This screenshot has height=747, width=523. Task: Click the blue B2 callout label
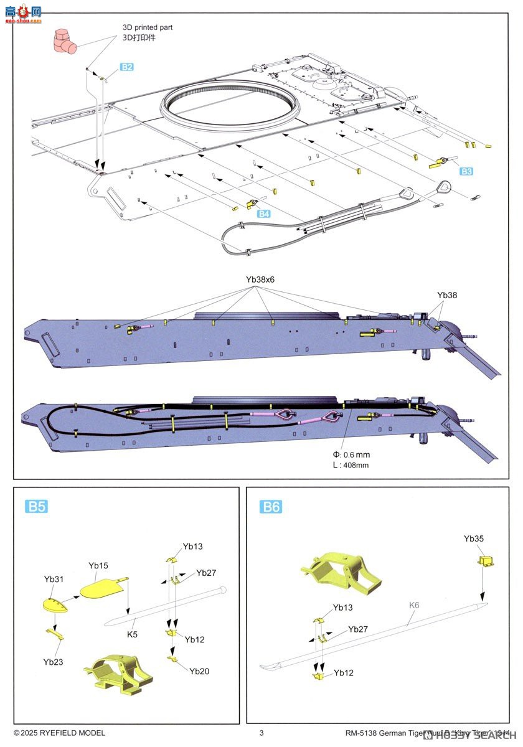tap(126, 67)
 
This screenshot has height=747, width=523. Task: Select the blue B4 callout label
tap(265, 214)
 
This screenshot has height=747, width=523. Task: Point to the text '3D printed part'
tap(148, 27)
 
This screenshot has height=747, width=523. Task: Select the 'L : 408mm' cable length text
tap(351, 465)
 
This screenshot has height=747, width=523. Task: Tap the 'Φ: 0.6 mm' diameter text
tap(352, 454)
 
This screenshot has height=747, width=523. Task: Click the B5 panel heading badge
tap(37, 506)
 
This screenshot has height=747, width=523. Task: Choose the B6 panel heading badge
tap(270, 507)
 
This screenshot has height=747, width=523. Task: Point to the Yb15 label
tap(98, 566)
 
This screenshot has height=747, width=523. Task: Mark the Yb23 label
tap(54, 662)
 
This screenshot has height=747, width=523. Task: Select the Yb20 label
tap(199, 671)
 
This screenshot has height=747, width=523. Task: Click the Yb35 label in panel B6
tap(474, 538)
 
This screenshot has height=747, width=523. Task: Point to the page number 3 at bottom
tap(261, 733)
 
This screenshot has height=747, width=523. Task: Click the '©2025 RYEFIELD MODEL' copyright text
tap(59, 733)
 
